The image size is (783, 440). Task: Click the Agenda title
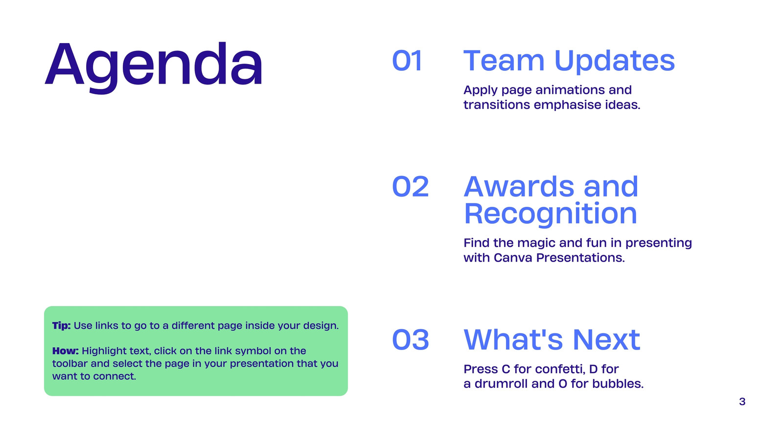click(x=154, y=66)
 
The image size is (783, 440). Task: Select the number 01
click(x=407, y=61)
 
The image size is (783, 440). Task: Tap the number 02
click(x=411, y=186)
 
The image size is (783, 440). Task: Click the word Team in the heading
click(x=504, y=61)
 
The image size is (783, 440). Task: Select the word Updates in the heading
click(x=615, y=62)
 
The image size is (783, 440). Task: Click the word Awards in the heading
click(x=519, y=186)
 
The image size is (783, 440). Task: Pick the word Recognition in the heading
click(x=551, y=214)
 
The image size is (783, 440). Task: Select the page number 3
click(x=742, y=401)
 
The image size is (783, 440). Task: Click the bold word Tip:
click(x=62, y=326)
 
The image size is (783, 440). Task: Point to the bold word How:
click(x=66, y=351)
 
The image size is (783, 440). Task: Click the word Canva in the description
click(x=513, y=258)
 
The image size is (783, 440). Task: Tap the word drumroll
click(x=501, y=384)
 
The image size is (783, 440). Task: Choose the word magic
click(x=536, y=243)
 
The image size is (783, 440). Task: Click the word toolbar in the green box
click(x=69, y=364)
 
